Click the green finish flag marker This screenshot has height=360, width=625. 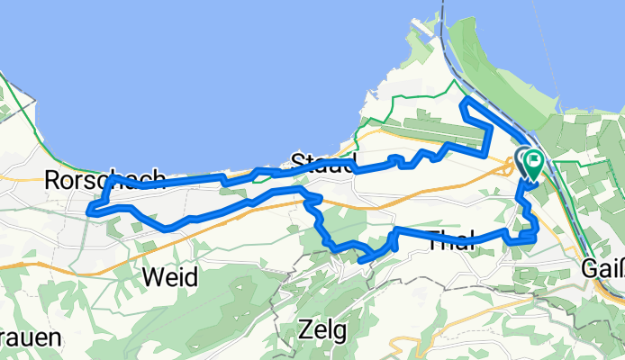[x=533, y=164]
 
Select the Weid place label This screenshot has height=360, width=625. [x=170, y=277]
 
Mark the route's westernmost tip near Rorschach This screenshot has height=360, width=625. [x=89, y=211]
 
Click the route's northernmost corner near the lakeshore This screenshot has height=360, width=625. [x=463, y=103]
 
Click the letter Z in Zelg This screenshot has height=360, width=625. [x=309, y=331]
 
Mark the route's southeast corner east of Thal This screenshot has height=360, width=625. [x=536, y=236]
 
